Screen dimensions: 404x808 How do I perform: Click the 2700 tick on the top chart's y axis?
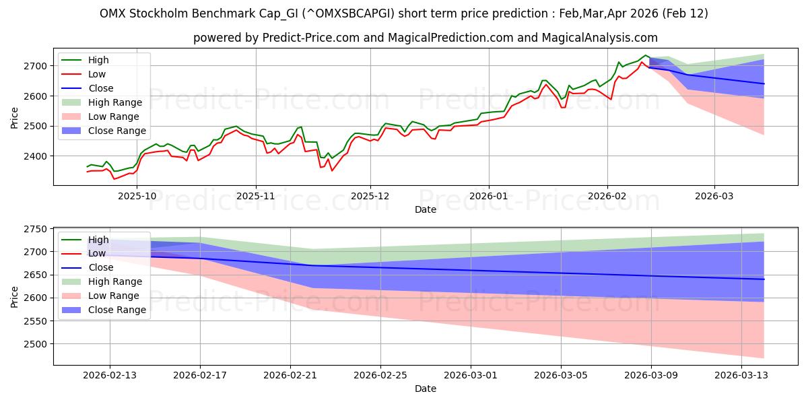coord(36,66)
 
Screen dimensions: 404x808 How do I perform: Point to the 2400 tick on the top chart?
coord(36,156)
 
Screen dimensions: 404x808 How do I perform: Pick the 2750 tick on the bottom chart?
coord(36,229)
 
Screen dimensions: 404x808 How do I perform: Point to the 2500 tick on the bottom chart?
coord(36,344)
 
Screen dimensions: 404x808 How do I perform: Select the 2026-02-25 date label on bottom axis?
coord(380,375)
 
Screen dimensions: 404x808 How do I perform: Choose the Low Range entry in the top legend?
coord(115,116)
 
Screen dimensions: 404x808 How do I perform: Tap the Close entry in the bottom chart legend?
coord(101,267)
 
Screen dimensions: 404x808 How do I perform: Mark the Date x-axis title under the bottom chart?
coord(426,389)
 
